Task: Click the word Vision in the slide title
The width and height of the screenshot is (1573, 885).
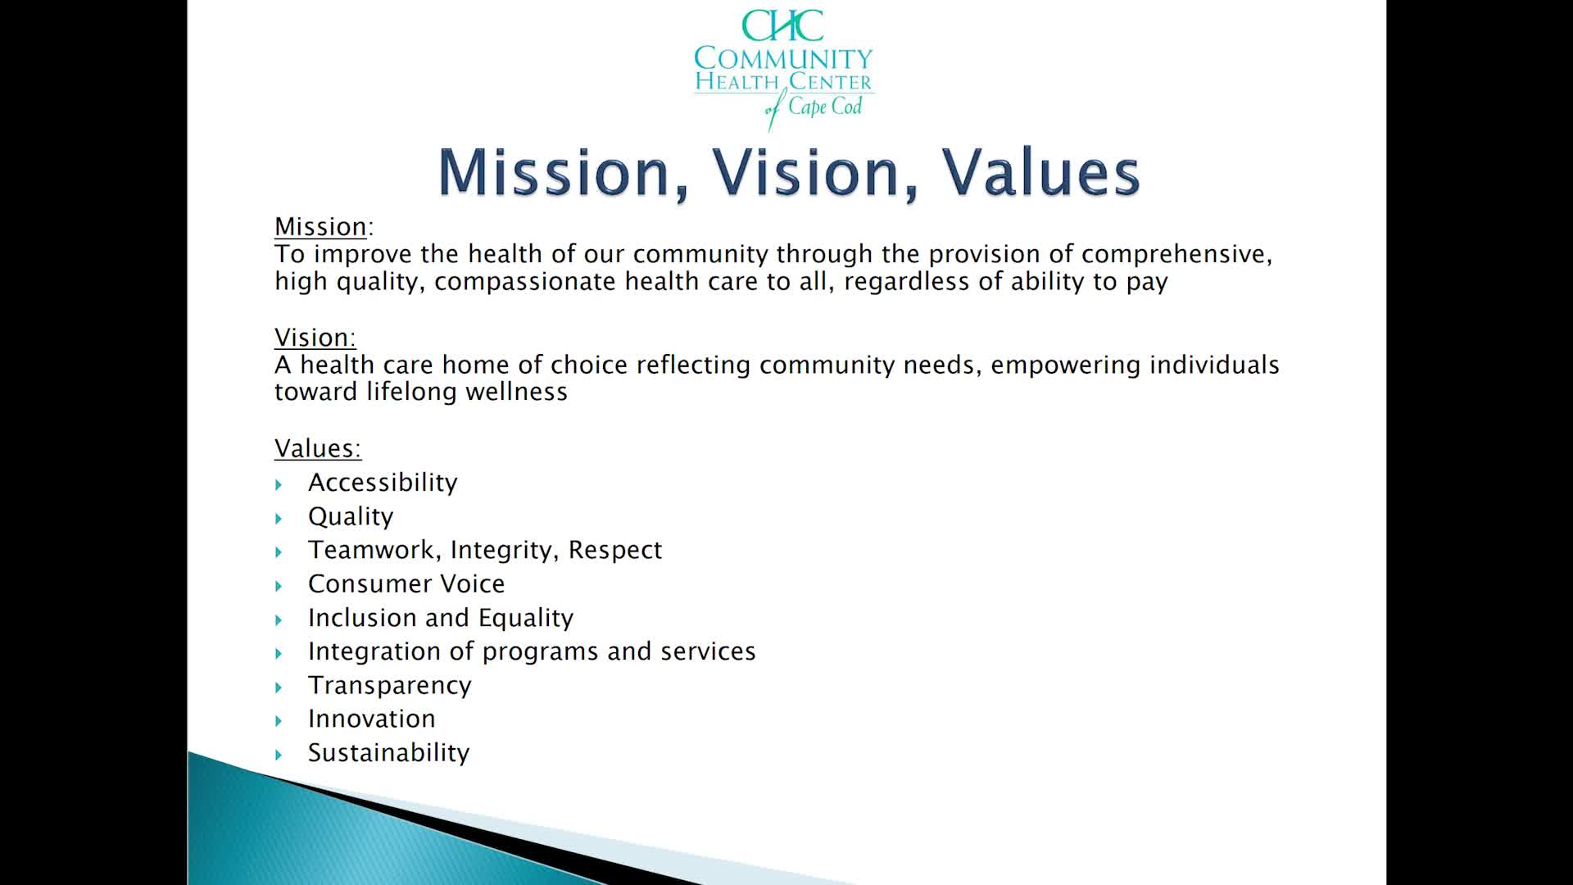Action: click(814, 172)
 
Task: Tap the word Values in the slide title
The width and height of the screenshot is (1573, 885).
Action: click(1040, 172)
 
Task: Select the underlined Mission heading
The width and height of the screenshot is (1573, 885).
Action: click(320, 227)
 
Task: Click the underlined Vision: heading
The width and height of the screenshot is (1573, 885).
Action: click(315, 338)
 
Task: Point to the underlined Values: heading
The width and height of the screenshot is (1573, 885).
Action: click(317, 448)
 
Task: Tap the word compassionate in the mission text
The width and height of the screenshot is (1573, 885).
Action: click(525, 282)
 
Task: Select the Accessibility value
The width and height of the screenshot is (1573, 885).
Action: click(383, 483)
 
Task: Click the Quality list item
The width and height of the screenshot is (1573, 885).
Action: click(351, 517)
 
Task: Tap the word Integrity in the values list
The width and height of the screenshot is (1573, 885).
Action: click(501, 551)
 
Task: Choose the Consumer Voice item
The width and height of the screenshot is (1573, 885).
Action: click(406, 584)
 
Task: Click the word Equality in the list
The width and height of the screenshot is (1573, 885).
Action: click(525, 618)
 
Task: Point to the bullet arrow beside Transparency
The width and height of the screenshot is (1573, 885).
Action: click(279, 688)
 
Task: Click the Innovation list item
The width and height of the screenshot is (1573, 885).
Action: click(371, 719)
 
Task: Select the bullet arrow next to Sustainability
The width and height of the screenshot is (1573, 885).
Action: click(279, 755)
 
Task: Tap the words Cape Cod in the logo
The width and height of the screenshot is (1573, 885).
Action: click(824, 107)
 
